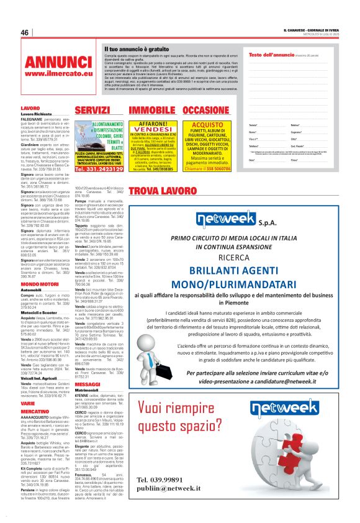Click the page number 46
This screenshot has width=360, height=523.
coord(25,33)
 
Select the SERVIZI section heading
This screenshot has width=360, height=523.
coord(92,110)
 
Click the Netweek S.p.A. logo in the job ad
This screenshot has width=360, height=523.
coord(242,221)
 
